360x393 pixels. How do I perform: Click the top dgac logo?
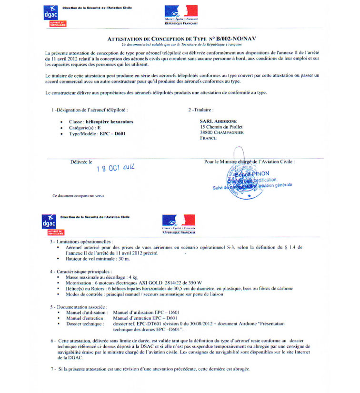(50, 14)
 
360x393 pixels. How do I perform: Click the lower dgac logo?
(50, 224)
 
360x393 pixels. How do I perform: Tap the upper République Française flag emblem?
(180, 12)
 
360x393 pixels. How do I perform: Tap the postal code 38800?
(208, 133)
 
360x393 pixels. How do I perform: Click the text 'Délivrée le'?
(81, 162)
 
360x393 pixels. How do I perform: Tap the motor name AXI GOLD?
(151, 282)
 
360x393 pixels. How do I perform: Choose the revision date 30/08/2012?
(206, 323)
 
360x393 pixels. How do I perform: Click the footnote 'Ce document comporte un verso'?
(77, 196)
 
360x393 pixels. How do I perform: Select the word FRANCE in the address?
(209, 139)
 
